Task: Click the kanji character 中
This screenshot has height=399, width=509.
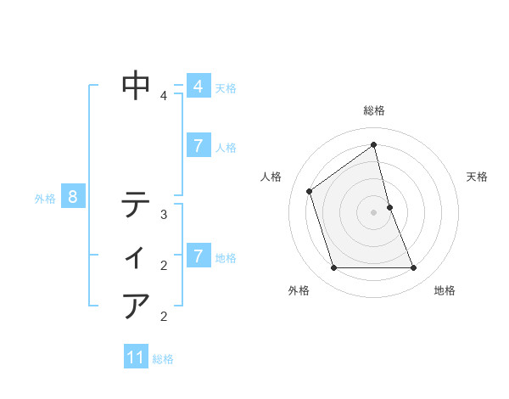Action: [x=136, y=85]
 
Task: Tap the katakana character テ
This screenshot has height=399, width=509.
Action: [x=136, y=205]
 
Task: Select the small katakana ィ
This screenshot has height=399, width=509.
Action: [x=136, y=256]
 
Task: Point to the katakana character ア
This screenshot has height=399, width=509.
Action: [x=136, y=306]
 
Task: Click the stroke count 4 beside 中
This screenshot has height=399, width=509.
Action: [x=164, y=96]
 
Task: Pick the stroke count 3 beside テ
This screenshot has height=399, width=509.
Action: [x=164, y=215]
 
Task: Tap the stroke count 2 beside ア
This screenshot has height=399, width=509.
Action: [x=164, y=318]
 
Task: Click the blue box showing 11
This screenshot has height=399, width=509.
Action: [x=136, y=357]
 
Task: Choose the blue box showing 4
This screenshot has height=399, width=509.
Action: [x=198, y=87]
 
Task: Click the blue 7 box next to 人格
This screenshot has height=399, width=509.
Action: [x=198, y=146]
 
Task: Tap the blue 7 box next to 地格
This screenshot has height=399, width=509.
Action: [x=198, y=256]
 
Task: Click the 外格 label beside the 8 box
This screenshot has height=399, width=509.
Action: [x=45, y=199]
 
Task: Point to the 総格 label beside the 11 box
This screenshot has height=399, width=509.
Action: [x=163, y=359]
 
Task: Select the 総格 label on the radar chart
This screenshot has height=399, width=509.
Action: [x=374, y=110]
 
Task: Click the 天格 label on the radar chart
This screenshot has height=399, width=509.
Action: [x=477, y=177]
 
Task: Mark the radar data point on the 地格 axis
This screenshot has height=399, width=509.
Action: [x=414, y=268]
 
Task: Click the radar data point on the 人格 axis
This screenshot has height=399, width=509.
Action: [x=309, y=191]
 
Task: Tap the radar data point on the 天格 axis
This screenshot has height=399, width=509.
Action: [x=389, y=207]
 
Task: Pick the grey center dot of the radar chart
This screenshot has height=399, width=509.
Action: [x=374, y=212]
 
